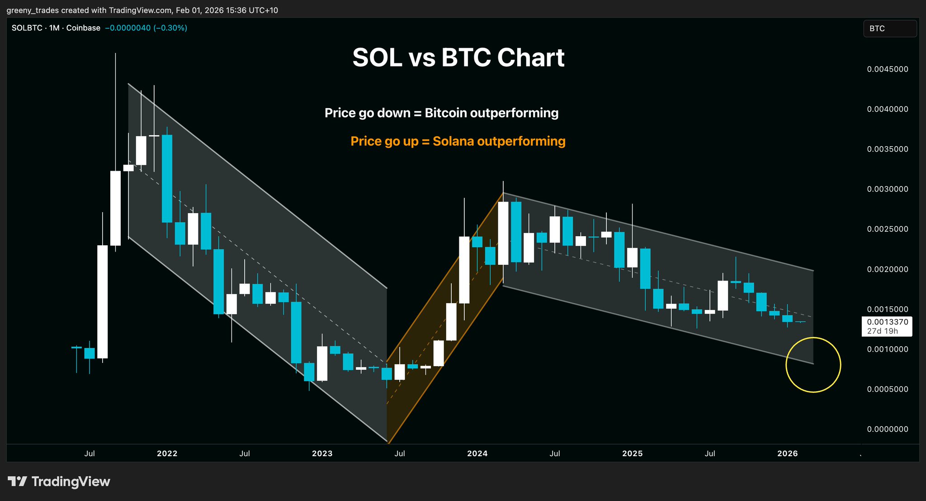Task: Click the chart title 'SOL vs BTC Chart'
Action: [458, 58]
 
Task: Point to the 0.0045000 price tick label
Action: [887, 69]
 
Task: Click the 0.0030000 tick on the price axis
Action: [887, 189]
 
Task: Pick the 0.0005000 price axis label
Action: [887, 389]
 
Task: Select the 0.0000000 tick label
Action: [887, 429]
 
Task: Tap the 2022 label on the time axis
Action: [167, 453]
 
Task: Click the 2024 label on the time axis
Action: [477, 453]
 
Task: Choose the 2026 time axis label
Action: [787, 453]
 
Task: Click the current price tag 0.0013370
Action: [887, 322]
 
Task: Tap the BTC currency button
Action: [889, 29]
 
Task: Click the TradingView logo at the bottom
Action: [59, 482]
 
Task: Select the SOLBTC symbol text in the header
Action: [27, 28]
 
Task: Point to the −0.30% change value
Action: [170, 28]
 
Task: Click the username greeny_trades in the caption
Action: [30, 10]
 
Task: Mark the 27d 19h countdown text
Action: [882, 331]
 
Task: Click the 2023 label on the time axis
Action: [322, 453]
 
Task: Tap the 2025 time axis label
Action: [632, 453]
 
